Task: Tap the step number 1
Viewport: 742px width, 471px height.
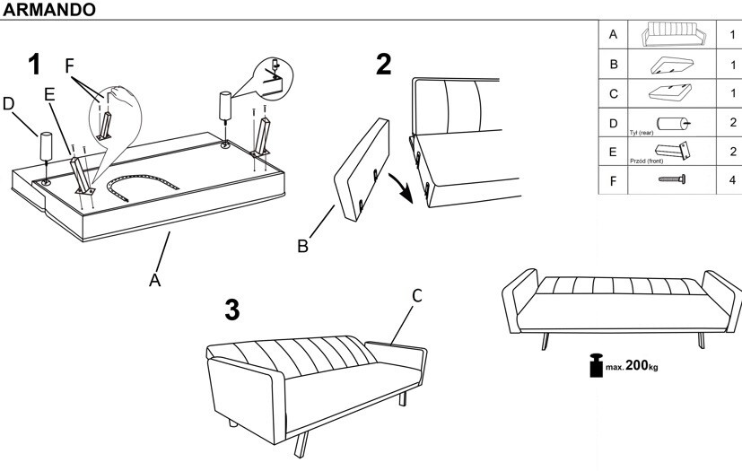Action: pyautogui.click(x=35, y=65)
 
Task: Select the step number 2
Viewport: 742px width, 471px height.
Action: pyautogui.click(x=383, y=65)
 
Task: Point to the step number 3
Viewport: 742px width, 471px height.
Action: pyautogui.click(x=231, y=310)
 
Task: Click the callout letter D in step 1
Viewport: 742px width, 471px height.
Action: pyautogui.click(x=9, y=104)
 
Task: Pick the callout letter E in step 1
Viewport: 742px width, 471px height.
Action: pyautogui.click(x=49, y=93)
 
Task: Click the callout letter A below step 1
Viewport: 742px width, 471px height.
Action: pyautogui.click(x=154, y=280)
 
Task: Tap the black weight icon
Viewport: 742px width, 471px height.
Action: pyautogui.click(x=594, y=367)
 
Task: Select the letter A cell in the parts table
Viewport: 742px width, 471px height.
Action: pyautogui.click(x=613, y=35)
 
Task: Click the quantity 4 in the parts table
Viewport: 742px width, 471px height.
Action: pyautogui.click(x=732, y=179)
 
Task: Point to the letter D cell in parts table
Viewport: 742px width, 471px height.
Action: pyautogui.click(x=613, y=122)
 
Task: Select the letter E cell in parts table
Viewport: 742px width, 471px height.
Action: pyautogui.click(x=613, y=151)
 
